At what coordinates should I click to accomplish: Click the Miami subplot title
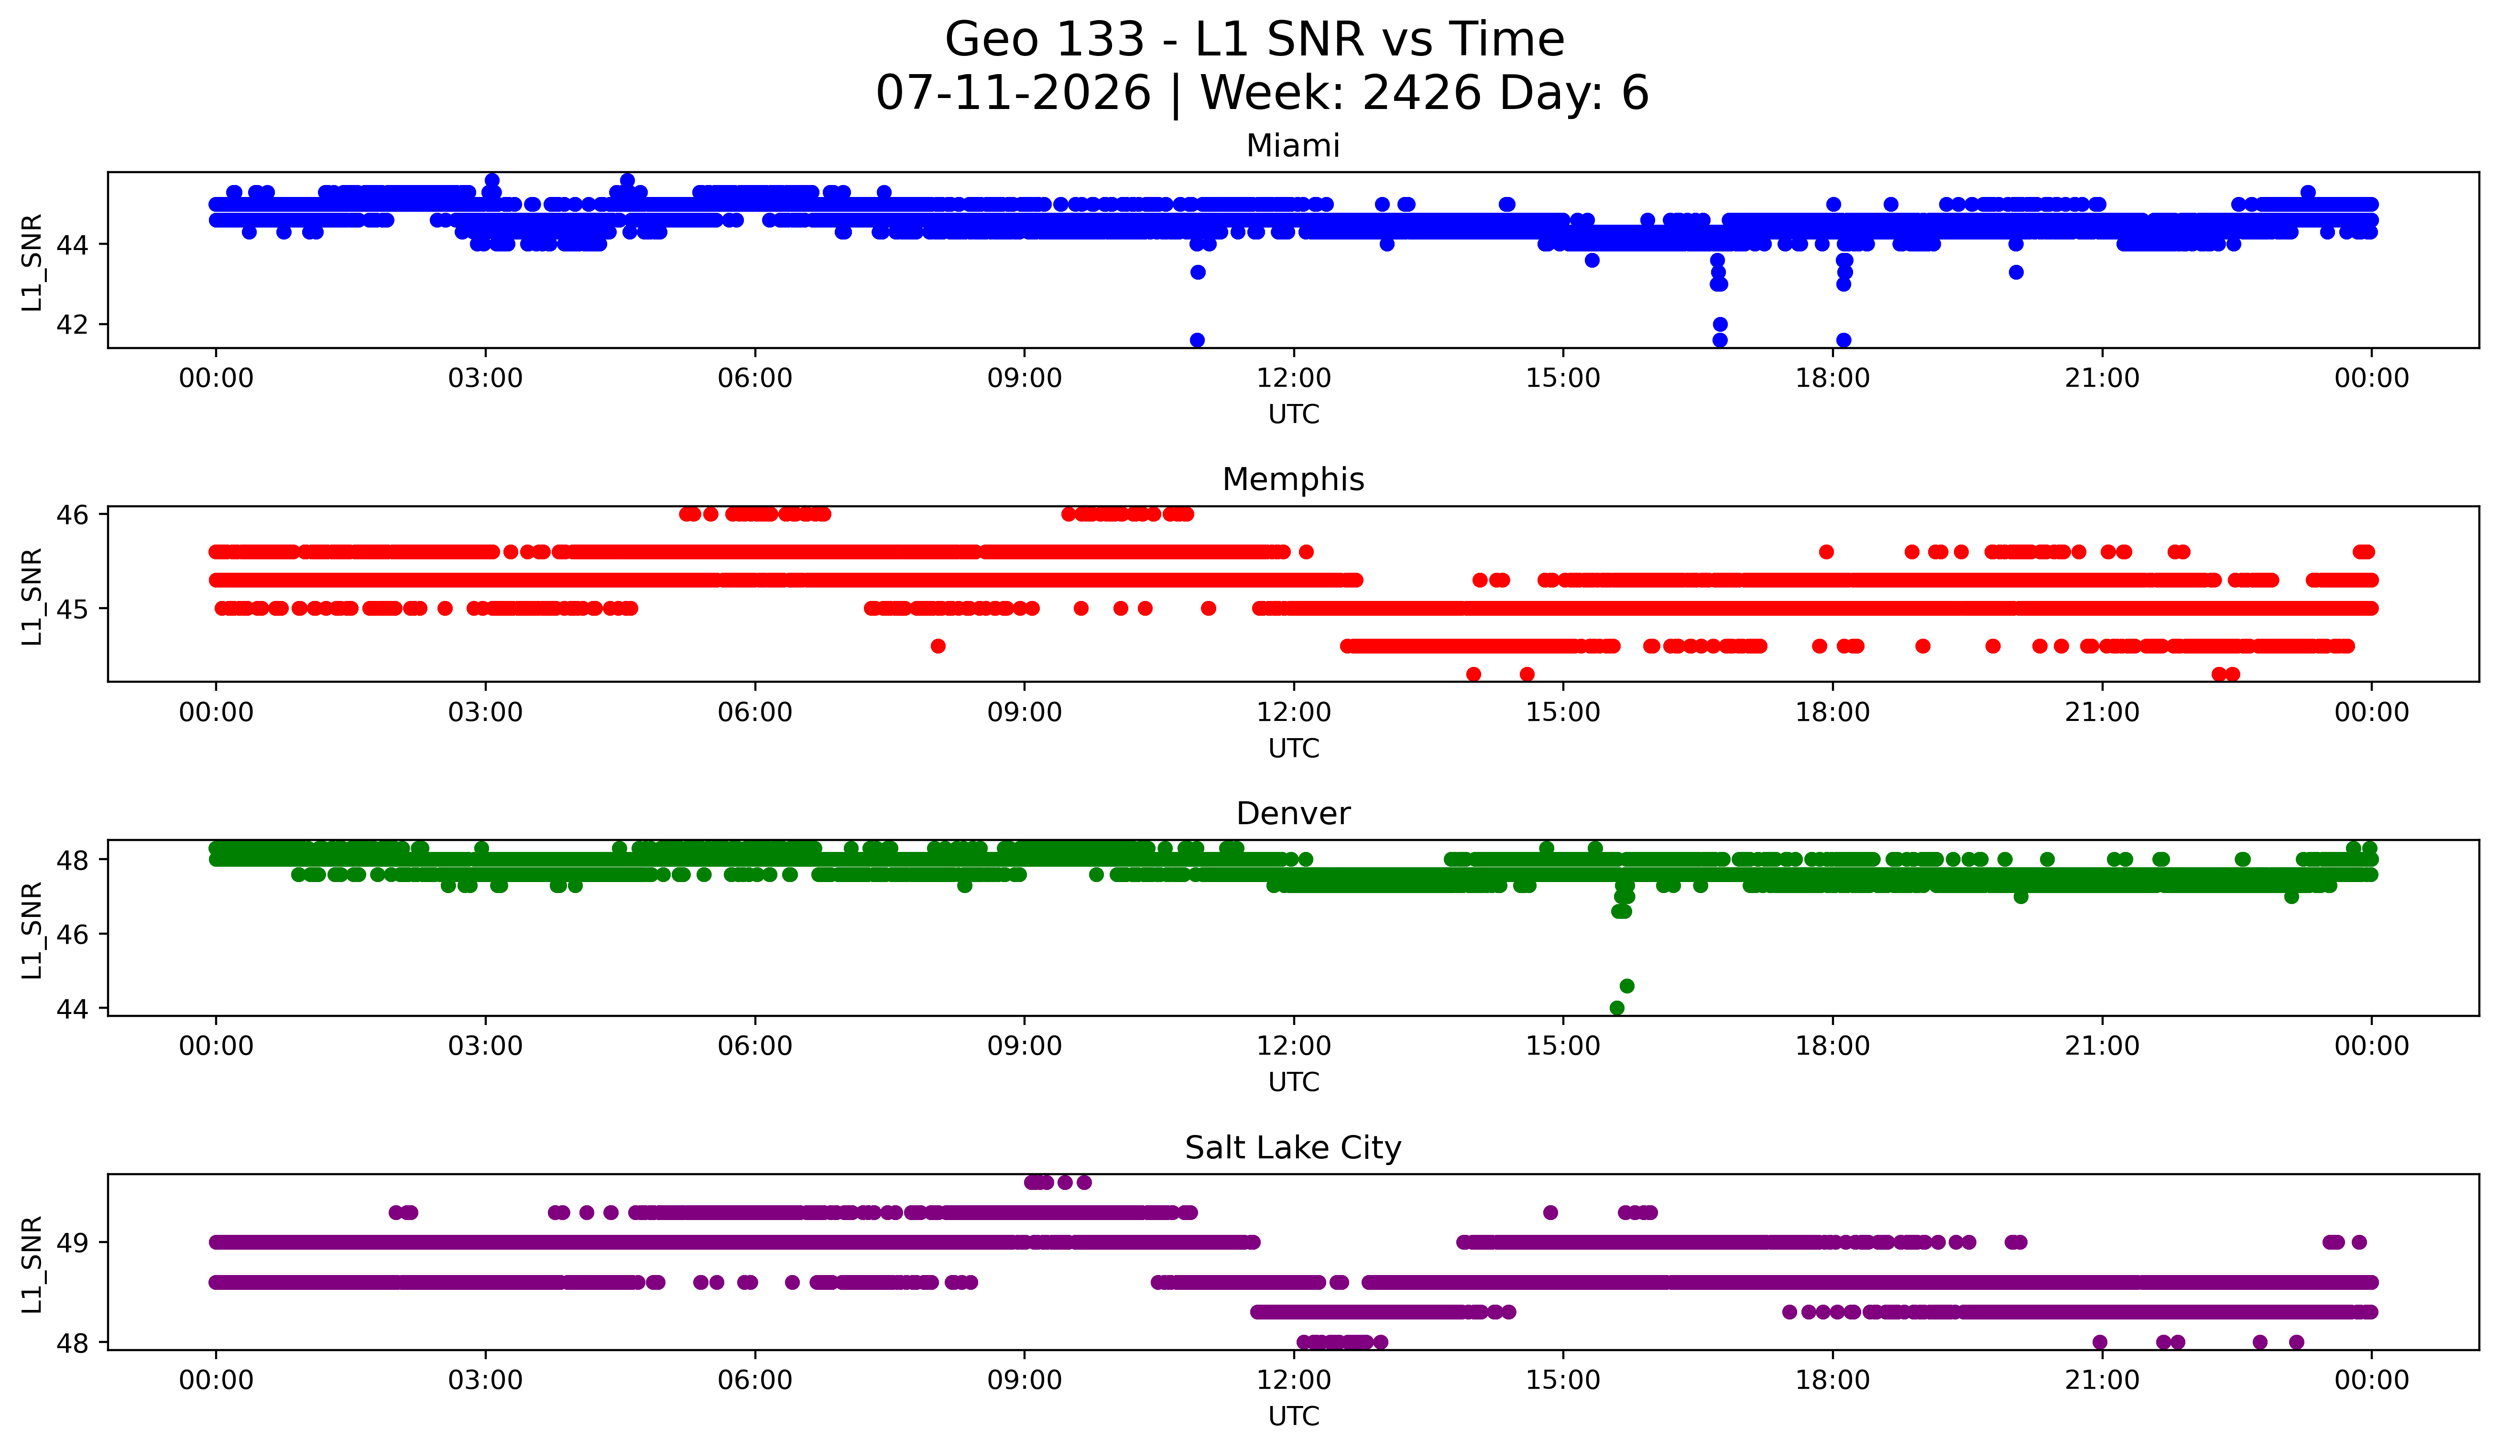coord(1293,146)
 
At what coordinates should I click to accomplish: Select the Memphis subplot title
coord(1293,480)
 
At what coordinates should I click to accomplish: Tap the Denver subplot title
coord(1293,814)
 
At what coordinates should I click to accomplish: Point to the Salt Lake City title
coord(1293,1148)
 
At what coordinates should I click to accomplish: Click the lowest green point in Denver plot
coord(1617,1008)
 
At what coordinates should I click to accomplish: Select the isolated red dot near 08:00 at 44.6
coord(938,646)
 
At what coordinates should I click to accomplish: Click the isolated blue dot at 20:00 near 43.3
coord(2015,273)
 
